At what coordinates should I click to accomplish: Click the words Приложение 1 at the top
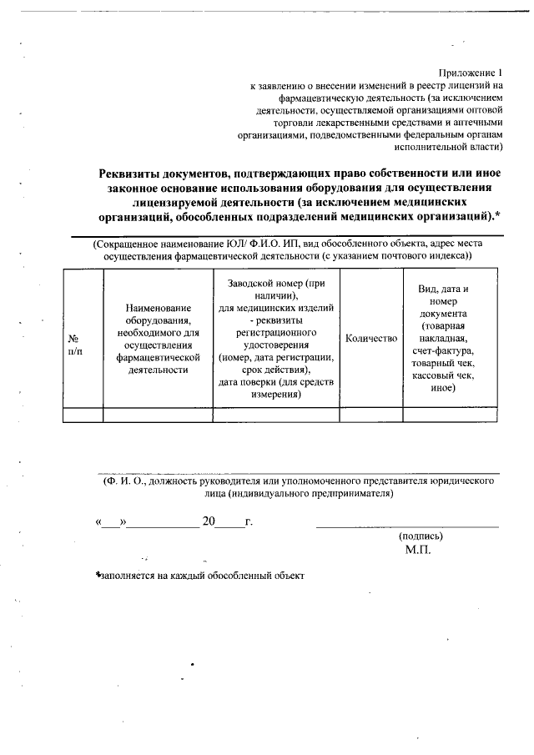[473, 72]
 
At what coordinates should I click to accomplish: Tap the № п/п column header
[73, 345]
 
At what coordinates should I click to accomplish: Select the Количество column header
[371, 338]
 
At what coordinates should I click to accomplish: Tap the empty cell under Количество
[371, 414]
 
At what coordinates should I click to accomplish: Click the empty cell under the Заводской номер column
[275, 414]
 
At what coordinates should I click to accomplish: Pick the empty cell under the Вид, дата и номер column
[450, 414]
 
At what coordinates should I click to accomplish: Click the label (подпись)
[421, 536]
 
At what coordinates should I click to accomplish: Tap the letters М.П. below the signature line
[418, 551]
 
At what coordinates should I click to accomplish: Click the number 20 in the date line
[209, 522]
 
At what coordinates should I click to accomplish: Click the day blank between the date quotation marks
[111, 523]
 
